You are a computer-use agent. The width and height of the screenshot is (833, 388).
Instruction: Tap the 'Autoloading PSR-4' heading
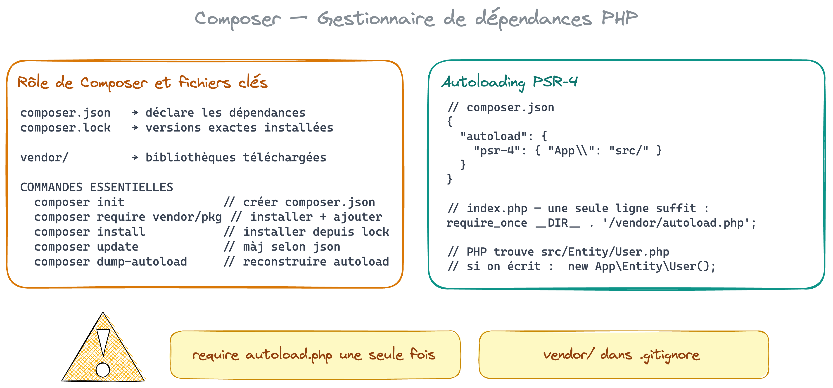click(510, 82)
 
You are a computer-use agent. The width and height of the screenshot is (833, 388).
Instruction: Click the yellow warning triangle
click(103, 347)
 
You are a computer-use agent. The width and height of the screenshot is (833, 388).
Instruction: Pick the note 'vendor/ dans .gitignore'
click(624, 355)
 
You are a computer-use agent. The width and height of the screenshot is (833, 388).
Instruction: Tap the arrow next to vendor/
click(135, 158)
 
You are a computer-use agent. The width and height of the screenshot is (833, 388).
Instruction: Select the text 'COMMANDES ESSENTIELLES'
click(97, 187)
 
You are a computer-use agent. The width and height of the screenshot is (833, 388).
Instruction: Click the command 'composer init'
click(79, 202)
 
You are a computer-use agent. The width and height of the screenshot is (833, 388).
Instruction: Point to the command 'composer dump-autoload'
click(111, 262)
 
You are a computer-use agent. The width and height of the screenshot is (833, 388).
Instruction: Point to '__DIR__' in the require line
click(558, 223)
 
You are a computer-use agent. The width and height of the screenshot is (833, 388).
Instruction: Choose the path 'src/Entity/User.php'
click(605, 252)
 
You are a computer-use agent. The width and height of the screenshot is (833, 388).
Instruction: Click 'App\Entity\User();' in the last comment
click(655, 266)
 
